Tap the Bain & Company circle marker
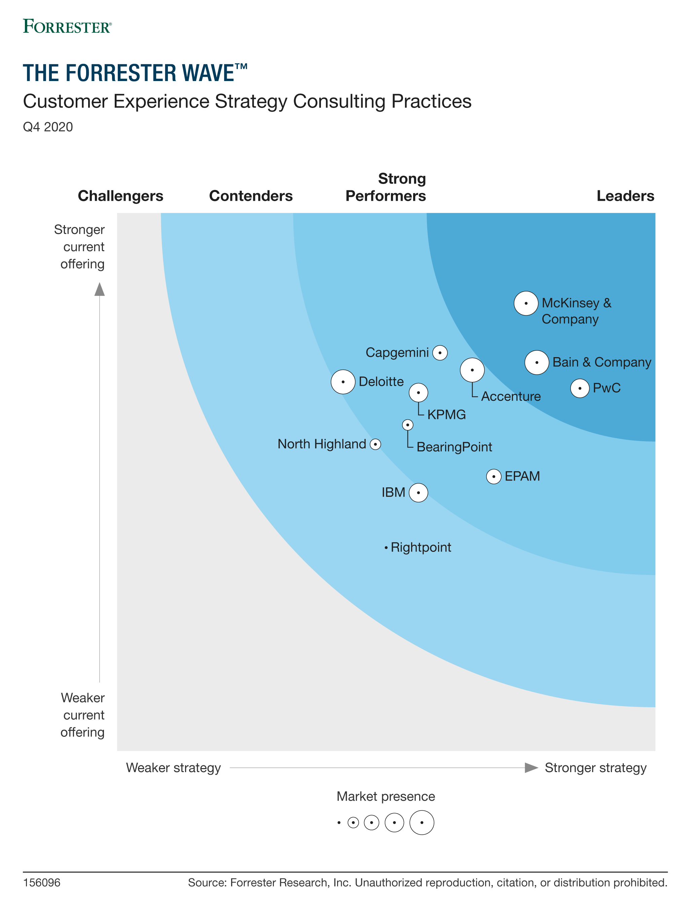[x=537, y=363]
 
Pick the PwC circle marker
[x=580, y=388]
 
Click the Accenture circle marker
[x=472, y=370]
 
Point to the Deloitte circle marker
[x=343, y=382]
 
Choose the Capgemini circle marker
[x=440, y=352]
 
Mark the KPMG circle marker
[x=418, y=392]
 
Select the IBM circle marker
[x=418, y=493]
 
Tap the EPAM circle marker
[x=494, y=477]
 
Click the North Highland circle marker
[x=375, y=444]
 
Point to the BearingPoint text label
[x=454, y=447]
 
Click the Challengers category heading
[x=120, y=196]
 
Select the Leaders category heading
[x=625, y=196]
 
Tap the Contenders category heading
[x=251, y=196]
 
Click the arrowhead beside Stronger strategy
[x=531, y=768]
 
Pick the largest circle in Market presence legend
[x=422, y=823]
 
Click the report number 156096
[x=42, y=882]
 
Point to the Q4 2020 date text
[x=48, y=127]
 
